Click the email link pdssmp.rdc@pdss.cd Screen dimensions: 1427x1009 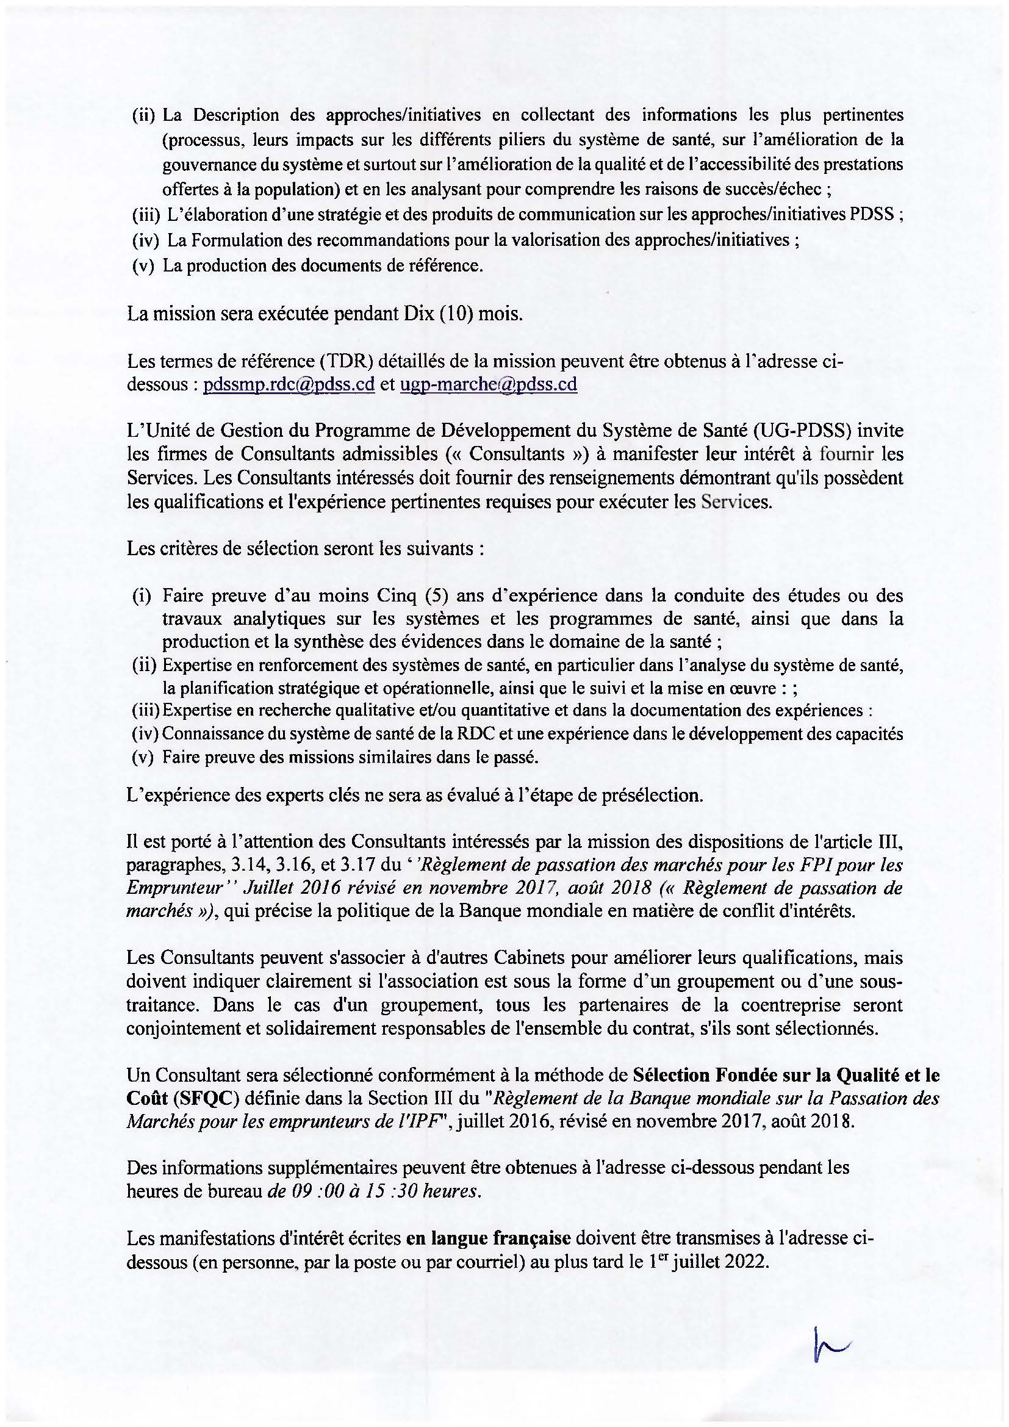[289, 385]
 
